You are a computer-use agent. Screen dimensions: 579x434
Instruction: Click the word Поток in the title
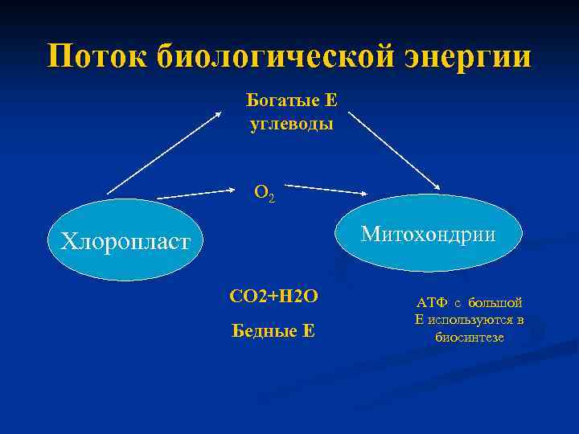pos(97,58)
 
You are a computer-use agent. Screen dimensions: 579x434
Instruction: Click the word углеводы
pos(291,125)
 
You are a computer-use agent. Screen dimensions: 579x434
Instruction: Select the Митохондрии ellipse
pos(429,234)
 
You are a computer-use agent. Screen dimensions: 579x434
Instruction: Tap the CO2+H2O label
pos(273,297)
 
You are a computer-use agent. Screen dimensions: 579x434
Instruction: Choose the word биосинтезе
pos(470,337)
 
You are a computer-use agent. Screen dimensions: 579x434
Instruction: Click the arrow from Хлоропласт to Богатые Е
pos(165,153)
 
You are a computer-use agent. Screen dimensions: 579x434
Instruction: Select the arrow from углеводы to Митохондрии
pos(394,151)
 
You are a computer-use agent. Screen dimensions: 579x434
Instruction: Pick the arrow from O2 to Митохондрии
pos(326,190)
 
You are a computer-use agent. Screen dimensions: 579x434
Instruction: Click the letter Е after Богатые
pos(330,101)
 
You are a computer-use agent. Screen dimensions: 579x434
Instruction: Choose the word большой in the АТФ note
pos(497,303)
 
